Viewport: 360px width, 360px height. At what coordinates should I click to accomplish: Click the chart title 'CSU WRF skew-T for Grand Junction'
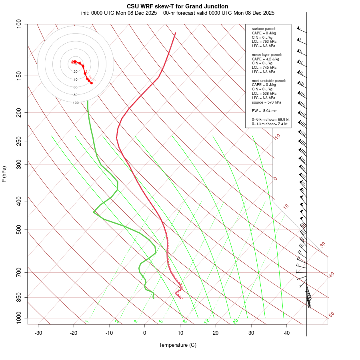[x=178, y=6]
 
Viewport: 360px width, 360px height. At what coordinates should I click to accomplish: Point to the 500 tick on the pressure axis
[x=19, y=230]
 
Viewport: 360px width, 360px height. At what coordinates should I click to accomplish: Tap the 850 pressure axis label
[x=19, y=297]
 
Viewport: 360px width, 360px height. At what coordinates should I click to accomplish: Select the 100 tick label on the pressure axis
[x=19, y=24]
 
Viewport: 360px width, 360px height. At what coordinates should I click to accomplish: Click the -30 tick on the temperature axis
[x=38, y=333]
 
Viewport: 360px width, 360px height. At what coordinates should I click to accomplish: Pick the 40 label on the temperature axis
[x=287, y=333]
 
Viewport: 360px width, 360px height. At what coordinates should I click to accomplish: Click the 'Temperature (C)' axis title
[x=178, y=345]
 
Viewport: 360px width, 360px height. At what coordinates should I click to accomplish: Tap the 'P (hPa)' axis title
[x=4, y=174]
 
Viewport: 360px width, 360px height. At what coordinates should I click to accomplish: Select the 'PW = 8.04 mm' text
[x=264, y=111]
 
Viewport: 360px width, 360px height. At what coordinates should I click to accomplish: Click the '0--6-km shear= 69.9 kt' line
[x=270, y=120]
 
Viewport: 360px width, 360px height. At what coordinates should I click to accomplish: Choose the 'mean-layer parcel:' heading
[x=267, y=54]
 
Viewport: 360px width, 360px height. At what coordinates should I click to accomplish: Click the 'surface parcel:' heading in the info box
[x=264, y=29]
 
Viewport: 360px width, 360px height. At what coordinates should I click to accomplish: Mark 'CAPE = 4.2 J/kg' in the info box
[x=265, y=59]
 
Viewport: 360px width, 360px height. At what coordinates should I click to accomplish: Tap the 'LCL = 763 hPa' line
[x=264, y=42]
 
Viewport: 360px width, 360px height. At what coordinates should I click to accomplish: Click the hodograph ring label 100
[x=76, y=103]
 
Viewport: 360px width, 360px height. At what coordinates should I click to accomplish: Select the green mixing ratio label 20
[x=236, y=321]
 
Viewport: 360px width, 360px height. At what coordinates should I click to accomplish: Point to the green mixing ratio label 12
[x=207, y=321]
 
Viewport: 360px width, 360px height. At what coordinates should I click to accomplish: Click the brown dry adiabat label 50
[x=331, y=315]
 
